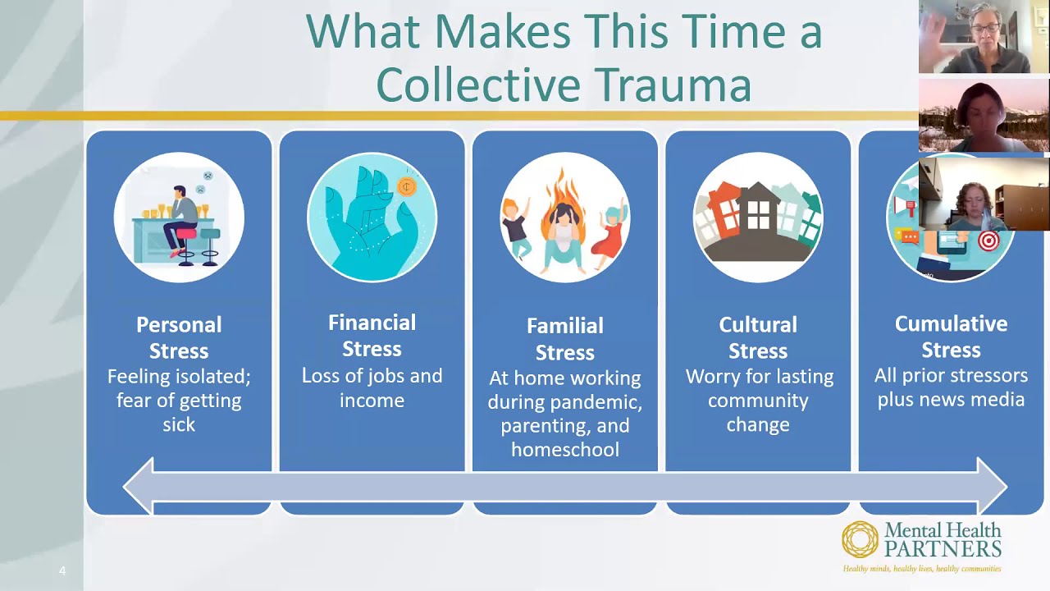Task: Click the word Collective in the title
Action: pos(477,84)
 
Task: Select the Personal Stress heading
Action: pos(179,337)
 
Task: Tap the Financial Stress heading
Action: pos(372,336)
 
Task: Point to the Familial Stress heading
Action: pos(564,339)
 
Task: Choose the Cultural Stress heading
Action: pos(758,337)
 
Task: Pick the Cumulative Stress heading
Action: pos(951,337)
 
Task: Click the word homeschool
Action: pos(564,449)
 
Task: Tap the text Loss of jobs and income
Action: pos(372,387)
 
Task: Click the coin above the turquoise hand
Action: pos(407,187)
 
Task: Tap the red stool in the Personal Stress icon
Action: pos(186,235)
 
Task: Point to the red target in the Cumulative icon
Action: pos(988,241)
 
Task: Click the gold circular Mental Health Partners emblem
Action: pos(860,539)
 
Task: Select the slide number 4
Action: pos(62,570)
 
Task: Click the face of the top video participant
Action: pos(985,30)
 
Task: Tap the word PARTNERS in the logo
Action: pos(943,549)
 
